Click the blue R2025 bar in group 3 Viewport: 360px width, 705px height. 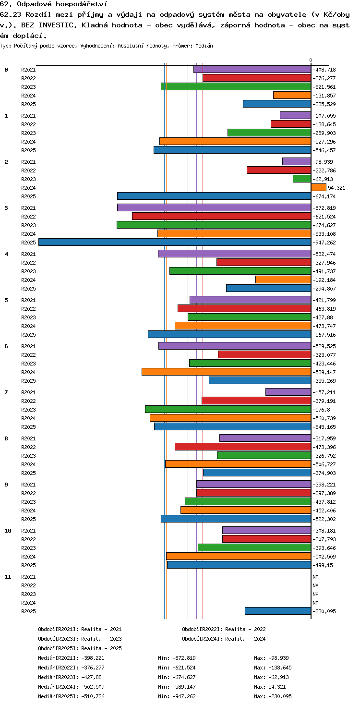pyautogui.click(x=175, y=242)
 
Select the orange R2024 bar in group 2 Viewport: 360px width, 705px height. pyautogui.click(x=319, y=188)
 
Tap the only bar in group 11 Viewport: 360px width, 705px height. pyautogui.click(x=278, y=611)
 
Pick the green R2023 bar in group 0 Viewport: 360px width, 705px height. pyautogui.click(x=236, y=86)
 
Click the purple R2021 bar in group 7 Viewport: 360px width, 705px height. pyautogui.click(x=288, y=392)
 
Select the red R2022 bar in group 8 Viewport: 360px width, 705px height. pyautogui.click(x=243, y=447)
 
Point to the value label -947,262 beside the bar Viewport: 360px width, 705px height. pyautogui.click(x=324, y=243)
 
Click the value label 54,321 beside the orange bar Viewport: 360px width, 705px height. pyautogui.click(x=336, y=188)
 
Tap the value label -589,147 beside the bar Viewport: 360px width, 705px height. pyautogui.click(x=324, y=372)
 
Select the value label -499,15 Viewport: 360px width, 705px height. pyautogui.click(x=323, y=565)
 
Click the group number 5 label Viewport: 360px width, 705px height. pyautogui.click(x=6, y=300)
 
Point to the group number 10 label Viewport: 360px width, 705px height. pyautogui.click(x=8, y=531)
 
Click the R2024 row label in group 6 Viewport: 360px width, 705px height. pyautogui.click(x=28, y=372)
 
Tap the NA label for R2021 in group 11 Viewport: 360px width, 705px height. pyautogui.click(x=315, y=577)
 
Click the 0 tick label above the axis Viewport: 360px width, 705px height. pyautogui.click(x=311, y=60)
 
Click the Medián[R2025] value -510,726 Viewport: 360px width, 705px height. pyautogui.click(x=93, y=696)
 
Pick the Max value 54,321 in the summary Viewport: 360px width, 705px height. pyautogui.click(x=277, y=687)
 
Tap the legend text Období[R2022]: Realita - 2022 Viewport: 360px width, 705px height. pyautogui.click(x=224, y=629)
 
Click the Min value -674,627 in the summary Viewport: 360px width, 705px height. pyautogui.click(x=184, y=677)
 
